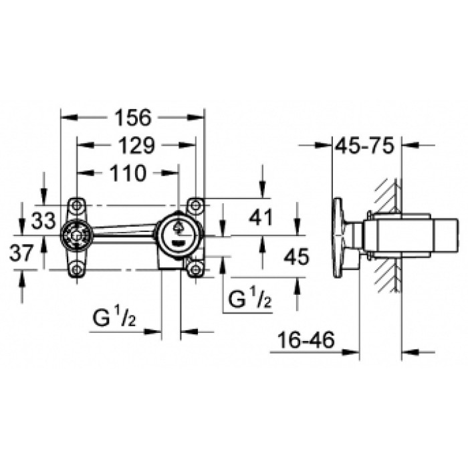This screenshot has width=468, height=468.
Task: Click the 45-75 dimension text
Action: [366, 144]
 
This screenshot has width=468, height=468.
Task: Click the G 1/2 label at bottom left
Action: [115, 319]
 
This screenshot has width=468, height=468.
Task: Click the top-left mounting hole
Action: [78, 205]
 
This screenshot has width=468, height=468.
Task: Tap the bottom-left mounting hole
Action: [78, 269]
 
